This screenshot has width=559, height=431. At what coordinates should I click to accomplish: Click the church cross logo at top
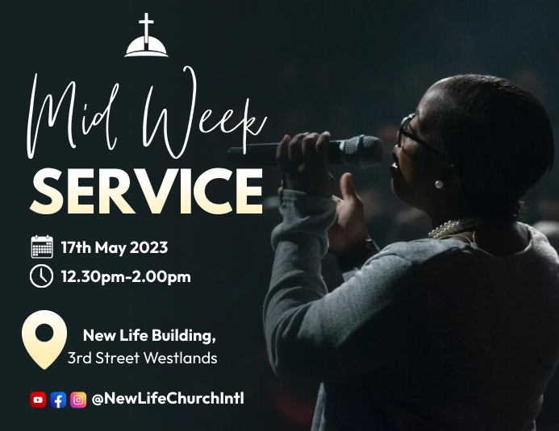coord(147,36)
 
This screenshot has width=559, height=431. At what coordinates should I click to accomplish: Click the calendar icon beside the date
coord(42,247)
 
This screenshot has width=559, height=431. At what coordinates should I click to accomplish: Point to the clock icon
coord(42,276)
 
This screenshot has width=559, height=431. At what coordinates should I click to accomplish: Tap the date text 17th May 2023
coord(114,247)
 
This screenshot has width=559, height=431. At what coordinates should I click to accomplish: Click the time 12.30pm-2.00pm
coord(125,277)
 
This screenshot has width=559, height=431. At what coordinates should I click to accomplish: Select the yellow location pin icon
coord(44,338)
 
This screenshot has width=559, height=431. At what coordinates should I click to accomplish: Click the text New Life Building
coord(149,334)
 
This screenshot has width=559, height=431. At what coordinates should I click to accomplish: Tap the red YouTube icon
coord(38,400)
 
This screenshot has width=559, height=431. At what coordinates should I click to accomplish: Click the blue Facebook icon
coord(58,400)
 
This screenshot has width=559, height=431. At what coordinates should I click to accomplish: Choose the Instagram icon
coord(78,400)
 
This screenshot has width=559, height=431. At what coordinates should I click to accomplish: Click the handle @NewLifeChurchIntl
coord(167,399)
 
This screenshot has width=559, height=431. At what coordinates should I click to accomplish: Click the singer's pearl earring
coord(439,184)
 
